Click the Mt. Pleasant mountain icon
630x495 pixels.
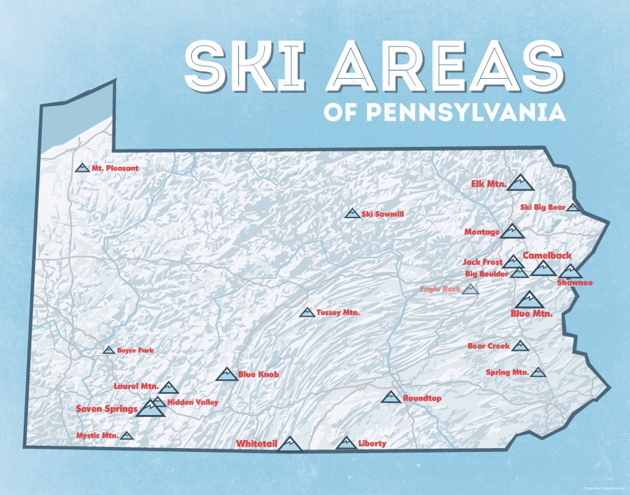point(82,168)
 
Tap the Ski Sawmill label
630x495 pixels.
point(383,214)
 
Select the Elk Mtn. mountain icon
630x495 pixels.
point(520,183)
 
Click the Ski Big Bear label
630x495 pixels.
point(542,207)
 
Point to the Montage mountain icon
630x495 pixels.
point(512,231)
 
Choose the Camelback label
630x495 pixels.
point(547,255)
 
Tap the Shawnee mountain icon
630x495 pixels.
point(569,271)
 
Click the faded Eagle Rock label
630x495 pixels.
point(440,289)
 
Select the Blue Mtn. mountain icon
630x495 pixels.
point(529,300)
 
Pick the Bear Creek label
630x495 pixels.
point(488,346)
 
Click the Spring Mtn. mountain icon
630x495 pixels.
point(538,372)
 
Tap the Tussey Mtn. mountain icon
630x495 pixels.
point(307,313)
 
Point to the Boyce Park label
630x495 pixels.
point(135,350)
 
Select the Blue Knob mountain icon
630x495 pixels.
point(226,374)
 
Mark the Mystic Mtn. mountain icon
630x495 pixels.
point(127,436)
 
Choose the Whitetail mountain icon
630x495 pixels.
point(289,444)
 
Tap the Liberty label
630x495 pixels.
point(372,444)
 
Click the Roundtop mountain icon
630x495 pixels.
point(391,397)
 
